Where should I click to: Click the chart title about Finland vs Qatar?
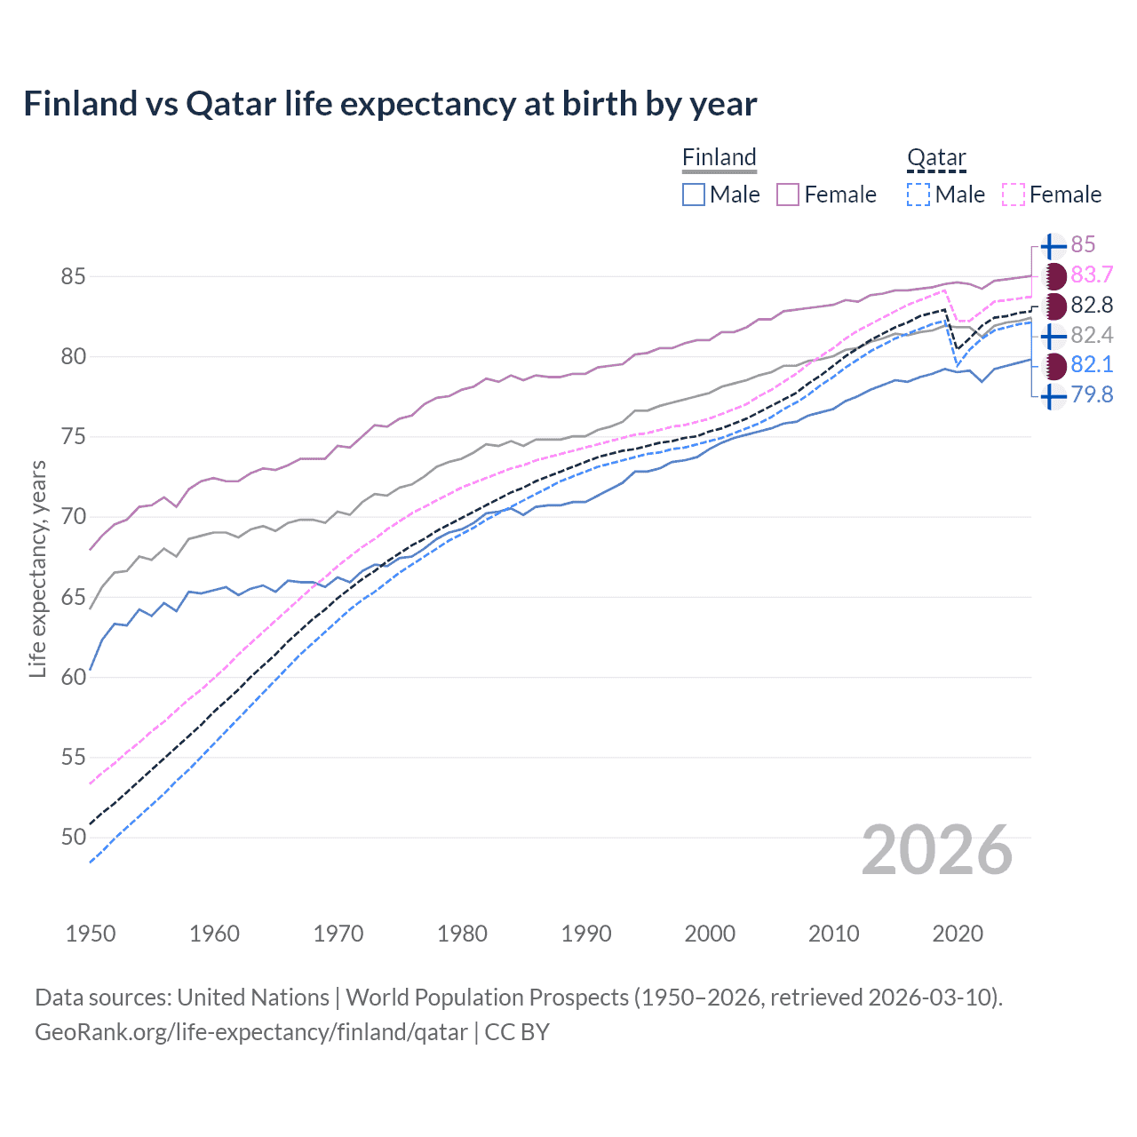390,104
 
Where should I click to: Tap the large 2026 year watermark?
936,850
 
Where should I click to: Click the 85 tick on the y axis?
73,276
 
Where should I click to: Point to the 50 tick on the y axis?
73,837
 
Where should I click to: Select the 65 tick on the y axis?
73,597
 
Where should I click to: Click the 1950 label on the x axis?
91,934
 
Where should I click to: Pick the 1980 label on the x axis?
462,934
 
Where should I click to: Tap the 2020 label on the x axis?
958,934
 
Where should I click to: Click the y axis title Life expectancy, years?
37,568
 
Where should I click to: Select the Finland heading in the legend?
719,157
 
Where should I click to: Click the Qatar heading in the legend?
935,157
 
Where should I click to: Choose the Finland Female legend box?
788,195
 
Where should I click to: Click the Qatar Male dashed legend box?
918,195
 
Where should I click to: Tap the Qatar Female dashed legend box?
1013,195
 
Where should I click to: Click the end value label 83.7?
1092,274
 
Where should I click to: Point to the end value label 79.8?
1092,394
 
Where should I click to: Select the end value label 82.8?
1092,305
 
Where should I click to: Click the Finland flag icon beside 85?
1053,246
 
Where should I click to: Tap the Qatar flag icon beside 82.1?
1054,365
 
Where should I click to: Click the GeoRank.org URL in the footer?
250,1031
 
